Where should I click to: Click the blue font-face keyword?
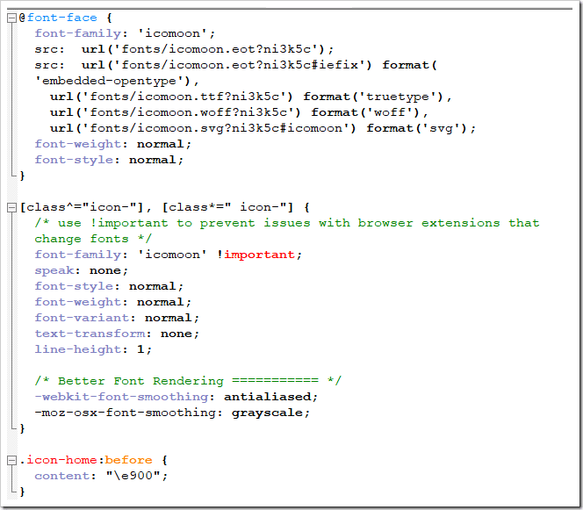62,18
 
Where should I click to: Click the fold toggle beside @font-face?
12,18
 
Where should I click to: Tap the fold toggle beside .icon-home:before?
12,460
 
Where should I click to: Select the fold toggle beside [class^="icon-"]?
12,207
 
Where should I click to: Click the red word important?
259,255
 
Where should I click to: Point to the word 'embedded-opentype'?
112,81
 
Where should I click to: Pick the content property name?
62,476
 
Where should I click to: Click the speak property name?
54,270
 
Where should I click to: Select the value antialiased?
268,397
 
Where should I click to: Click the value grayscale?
267,413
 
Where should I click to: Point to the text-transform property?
90,334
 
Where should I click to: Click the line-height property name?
78,349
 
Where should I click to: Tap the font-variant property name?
82,318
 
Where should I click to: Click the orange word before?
129,460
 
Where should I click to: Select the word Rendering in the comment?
189,381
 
